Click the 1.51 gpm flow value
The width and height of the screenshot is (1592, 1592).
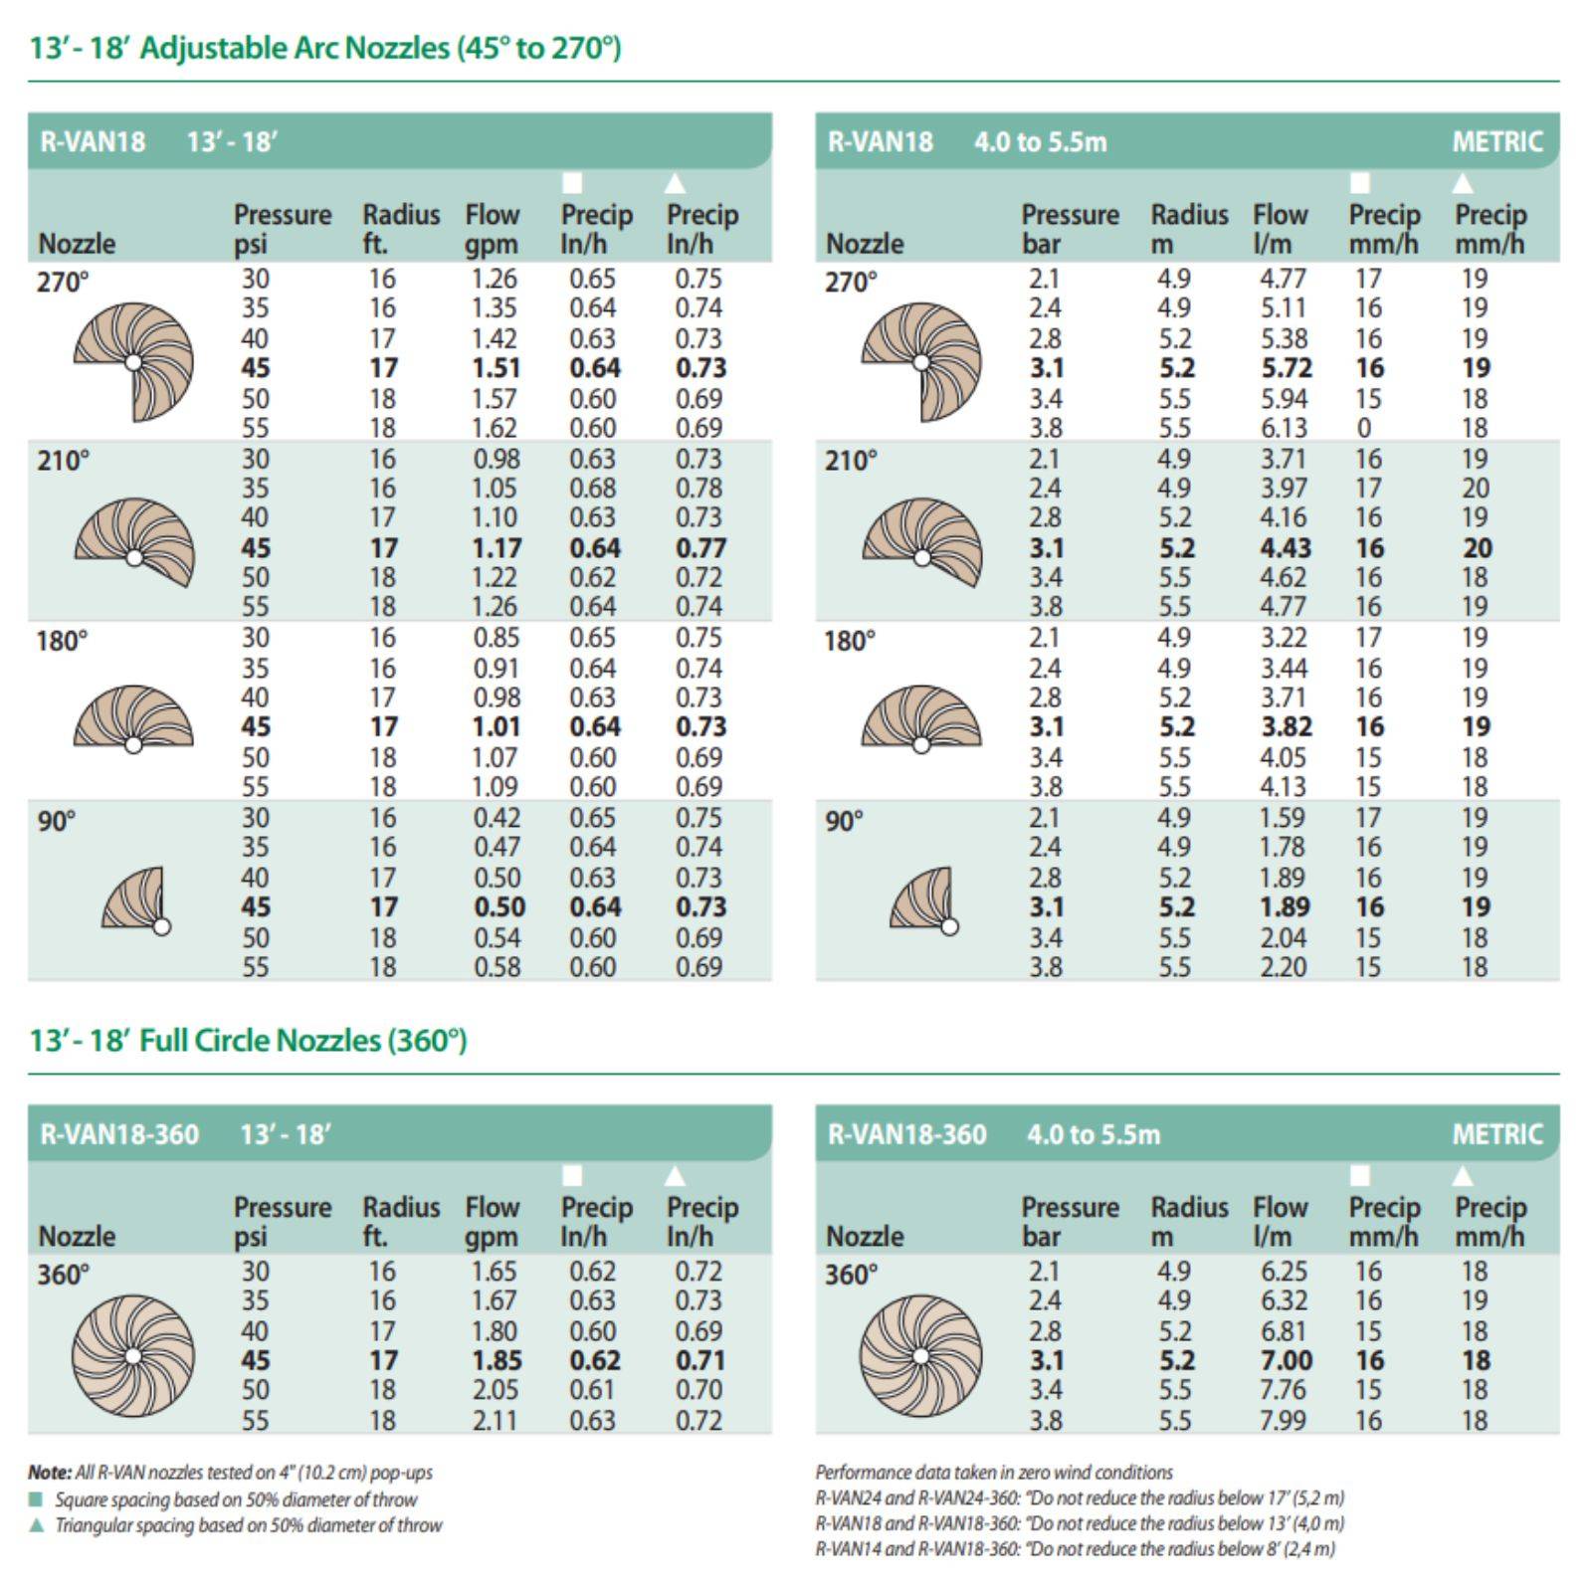click(496, 368)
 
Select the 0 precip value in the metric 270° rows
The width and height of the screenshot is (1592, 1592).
click(1364, 428)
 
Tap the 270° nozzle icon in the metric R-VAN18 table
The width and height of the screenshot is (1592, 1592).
click(921, 361)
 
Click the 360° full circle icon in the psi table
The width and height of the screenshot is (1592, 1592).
click(133, 1355)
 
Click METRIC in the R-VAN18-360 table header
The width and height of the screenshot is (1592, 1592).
click(1496, 1134)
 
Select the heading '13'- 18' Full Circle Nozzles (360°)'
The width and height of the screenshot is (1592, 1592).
click(248, 1041)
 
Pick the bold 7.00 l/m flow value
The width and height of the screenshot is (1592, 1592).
click(1286, 1360)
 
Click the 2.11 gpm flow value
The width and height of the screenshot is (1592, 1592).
click(495, 1420)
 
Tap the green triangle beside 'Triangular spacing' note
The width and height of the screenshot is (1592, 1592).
click(37, 1525)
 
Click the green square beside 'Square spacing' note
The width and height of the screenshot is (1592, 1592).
click(37, 1499)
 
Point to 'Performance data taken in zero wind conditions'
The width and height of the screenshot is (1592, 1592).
click(993, 1472)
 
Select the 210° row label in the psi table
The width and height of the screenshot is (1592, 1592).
click(63, 461)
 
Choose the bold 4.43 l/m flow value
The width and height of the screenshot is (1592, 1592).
click(1286, 548)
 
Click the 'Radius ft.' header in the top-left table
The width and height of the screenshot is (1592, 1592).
click(400, 229)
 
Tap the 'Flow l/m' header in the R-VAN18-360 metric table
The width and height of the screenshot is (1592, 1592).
click(1280, 1221)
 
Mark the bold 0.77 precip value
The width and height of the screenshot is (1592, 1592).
click(700, 548)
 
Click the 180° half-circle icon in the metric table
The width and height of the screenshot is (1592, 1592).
click(921, 718)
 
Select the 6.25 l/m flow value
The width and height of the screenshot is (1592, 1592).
click(1284, 1272)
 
